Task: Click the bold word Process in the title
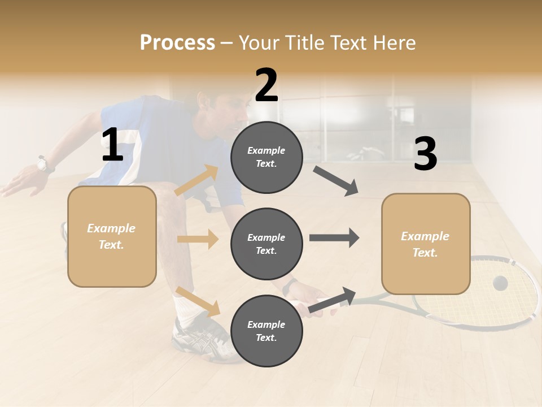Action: point(177,42)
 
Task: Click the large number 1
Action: point(112,145)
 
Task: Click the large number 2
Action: point(266,85)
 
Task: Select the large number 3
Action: point(425,154)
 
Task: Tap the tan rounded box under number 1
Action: point(112,236)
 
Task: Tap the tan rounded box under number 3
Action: point(426,244)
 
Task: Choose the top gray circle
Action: point(266,157)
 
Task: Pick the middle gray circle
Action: point(266,244)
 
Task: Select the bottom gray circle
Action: point(266,331)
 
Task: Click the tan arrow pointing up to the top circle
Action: point(196,181)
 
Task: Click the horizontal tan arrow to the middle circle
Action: point(198,239)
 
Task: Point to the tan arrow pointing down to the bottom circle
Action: point(198,302)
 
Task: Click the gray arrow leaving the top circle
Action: point(335,181)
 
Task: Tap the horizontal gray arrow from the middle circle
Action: point(334,237)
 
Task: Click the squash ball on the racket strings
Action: point(500,283)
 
